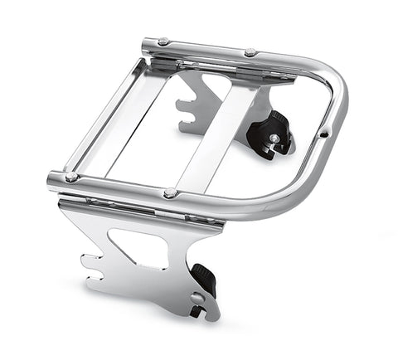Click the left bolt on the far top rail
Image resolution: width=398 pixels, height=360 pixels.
tap(163, 41)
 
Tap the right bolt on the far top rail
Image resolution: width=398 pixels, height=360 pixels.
tap(249, 52)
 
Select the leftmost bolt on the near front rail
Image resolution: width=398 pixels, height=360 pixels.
tap(71, 177)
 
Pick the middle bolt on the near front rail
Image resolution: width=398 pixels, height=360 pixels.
tap(170, 193)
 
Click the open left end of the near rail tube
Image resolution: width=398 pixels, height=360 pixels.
tap(51, 178)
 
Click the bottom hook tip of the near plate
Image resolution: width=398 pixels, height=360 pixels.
tap(196, 314)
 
